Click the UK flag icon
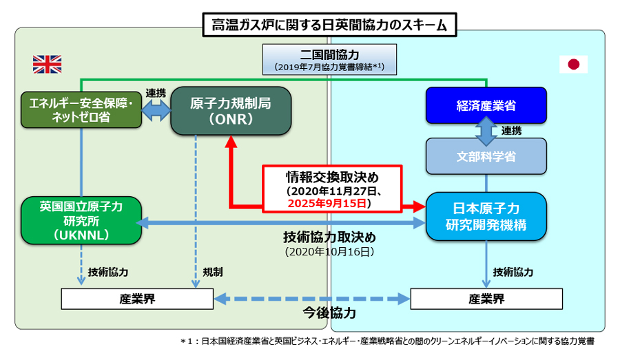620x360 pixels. coord(47,65)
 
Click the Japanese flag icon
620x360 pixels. coord(573,64)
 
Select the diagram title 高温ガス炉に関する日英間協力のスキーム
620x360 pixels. coord(329,25)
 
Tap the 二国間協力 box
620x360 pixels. coord(329,59)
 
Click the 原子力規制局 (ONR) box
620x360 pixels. coord(231,111)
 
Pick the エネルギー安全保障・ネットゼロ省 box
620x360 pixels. coord(81,110)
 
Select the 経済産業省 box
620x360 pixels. coord(486,105)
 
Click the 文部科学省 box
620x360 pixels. coord(486,156)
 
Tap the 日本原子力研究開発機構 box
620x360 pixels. coord(486,217)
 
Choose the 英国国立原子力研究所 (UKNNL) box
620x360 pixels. coord(81,220)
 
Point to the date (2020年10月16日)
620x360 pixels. coord(329,252)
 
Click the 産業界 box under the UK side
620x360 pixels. coord(137,299)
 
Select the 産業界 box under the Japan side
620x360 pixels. coord(486,299)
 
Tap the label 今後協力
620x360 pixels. coord(329,313)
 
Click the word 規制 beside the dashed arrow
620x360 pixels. coord(213,272)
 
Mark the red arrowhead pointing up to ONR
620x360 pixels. coord(231,142)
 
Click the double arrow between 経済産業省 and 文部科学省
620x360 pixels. coord(486,131)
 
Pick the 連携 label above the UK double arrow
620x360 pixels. coord(156,93)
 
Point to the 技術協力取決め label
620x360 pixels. coord(329,237)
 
